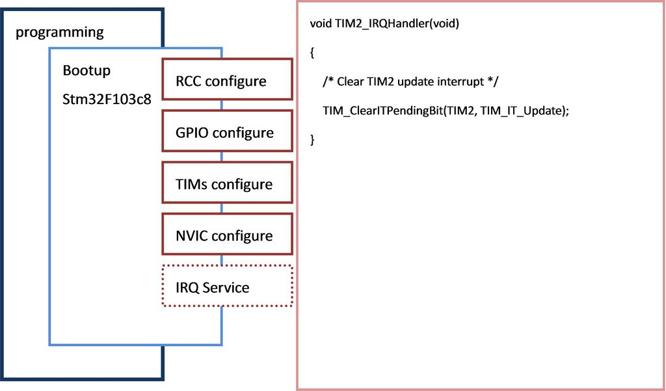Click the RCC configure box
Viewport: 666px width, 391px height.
227,79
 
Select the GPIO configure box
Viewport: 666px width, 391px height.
227,131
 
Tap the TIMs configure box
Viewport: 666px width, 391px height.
227,182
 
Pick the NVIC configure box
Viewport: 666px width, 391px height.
227,234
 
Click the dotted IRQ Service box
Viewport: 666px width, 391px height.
227,286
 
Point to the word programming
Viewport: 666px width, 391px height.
59,33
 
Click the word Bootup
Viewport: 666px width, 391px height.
87,71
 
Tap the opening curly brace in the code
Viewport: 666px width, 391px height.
312,53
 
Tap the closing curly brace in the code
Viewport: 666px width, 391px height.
312,140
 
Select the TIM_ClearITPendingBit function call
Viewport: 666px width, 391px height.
446,111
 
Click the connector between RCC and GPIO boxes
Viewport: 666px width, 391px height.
222,105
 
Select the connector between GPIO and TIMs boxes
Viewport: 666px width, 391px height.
222,156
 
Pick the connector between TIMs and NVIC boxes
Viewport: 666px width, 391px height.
222,208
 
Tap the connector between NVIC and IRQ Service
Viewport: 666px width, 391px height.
222,260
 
